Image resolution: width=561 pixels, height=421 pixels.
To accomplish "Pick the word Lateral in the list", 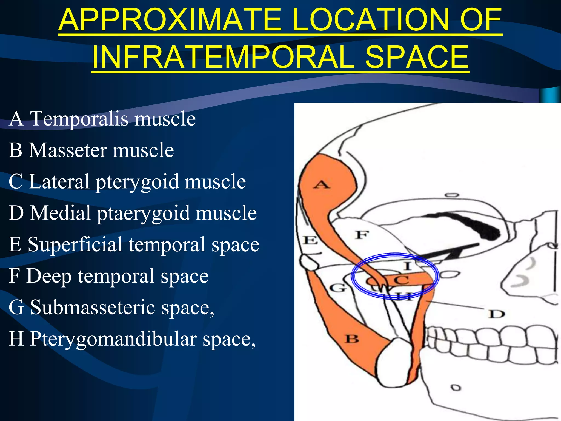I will click(x=59, y=182).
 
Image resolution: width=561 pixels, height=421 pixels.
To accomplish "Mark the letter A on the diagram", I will click(x=322, y=184).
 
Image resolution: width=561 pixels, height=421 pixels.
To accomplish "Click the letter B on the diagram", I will click(x=352, y=339).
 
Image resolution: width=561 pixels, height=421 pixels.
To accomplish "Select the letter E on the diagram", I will click(x=311, y=240).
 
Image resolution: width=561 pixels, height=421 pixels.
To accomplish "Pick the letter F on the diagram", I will click(x=362, y=235).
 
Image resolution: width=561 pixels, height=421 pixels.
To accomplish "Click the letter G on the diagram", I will click(x=337, y=288).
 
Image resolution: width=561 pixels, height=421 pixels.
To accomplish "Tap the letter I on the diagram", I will click(x=408, y=266).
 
